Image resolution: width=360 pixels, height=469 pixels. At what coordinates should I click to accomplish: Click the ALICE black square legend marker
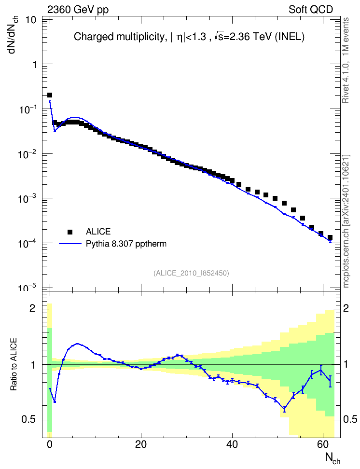(x=70, y=232)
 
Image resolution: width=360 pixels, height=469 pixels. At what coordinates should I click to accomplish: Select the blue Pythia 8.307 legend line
(x=70, y=244)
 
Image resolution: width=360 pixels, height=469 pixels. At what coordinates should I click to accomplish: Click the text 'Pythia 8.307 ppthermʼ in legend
(x=126, y=244)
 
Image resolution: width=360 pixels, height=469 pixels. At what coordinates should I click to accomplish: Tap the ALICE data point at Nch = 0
(x=50, y=95)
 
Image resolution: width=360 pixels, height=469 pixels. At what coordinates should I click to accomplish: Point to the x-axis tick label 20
(x=140, y=444)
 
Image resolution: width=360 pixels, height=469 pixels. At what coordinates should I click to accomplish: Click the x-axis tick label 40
(x=232, y=444)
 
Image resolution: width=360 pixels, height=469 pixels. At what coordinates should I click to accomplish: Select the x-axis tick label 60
(x=323, y=444)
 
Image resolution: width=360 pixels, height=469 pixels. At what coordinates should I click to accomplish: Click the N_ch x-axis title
(x=332, y=458)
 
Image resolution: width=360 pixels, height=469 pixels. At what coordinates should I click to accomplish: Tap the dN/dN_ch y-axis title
(x=13, y=34)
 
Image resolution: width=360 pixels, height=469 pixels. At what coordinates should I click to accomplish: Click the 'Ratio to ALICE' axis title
(x=14, y=365)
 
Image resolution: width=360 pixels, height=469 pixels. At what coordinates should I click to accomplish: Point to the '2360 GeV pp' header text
(x=78, y=10)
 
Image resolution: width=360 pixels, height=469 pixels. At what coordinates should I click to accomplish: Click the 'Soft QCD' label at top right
(x=311, y=10)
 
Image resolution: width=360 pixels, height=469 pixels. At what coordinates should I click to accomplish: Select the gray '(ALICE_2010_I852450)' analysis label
(x=191, y=273)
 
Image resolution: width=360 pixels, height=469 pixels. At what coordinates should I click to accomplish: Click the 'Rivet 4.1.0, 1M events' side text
(x=346, y=60)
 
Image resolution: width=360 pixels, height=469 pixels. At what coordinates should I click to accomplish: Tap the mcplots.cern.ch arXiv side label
(x=346, y=221)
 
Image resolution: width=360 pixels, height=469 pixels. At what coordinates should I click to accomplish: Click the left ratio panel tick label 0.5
(x=29, y=420)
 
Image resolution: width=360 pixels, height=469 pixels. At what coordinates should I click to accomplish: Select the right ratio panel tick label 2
(x=346, y=308)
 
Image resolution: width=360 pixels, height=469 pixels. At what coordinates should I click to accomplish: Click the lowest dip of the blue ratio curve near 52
(x=284, y=408)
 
